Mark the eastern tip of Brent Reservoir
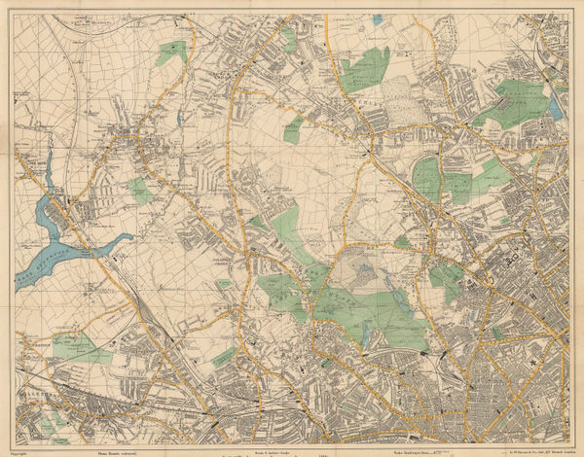[x=127, y=236]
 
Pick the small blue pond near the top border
[x=377, y=18]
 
